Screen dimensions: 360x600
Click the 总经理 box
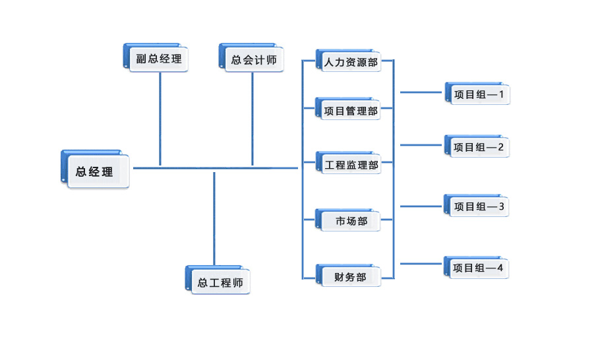point(96,171)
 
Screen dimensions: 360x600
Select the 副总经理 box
point(158,59)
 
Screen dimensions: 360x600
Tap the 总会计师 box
point(253,59)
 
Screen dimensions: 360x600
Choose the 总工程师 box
point(220,282)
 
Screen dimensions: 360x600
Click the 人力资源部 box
point(350,63)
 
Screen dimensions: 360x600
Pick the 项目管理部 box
point(350,110)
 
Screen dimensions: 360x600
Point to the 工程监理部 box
point(351,164)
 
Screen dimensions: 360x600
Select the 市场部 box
point(350,220)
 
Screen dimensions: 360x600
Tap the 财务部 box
point(349,277)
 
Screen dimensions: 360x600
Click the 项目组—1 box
point(478,94)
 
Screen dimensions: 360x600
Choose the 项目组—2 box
point(478,147)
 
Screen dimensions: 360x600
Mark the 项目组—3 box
point(478,206)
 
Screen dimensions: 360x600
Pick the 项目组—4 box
point(478,268)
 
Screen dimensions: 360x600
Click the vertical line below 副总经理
point(160,119)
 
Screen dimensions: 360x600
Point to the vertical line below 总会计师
point(253,119)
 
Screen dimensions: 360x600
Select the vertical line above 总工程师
point(214,218)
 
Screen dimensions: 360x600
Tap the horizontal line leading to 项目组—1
point(422,93)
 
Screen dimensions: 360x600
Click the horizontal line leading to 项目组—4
point(422,264)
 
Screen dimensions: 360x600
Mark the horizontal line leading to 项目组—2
point(422,144)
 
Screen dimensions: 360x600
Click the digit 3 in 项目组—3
point(501,206)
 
